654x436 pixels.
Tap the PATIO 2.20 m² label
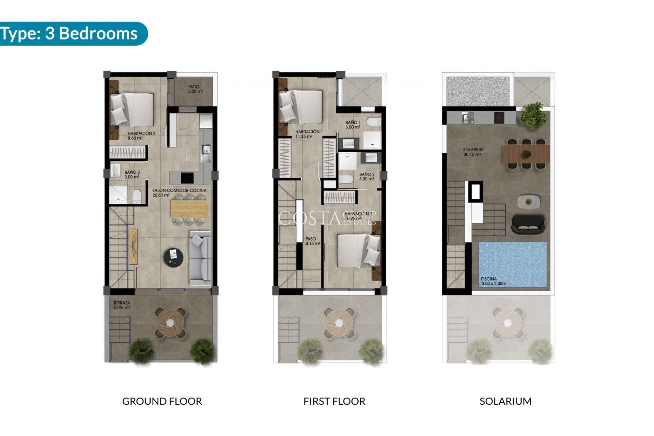[196, 89]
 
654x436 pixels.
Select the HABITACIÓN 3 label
[141, 136]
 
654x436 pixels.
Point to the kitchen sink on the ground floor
[205, 149]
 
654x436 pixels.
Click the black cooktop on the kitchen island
[187, 177]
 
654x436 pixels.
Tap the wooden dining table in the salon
[189, 209]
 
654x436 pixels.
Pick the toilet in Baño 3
[137, 196]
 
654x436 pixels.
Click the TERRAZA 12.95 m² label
[122, 305]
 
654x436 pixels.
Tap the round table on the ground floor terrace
[170, 323]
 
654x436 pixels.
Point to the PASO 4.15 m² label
[312, 241]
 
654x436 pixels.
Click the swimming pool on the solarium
[512, 264]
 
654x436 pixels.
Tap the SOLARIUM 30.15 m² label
[473, 152]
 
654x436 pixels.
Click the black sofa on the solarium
[528, 224]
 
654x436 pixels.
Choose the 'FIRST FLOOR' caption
[334, 401]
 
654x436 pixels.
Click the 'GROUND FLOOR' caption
[162, 401]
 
